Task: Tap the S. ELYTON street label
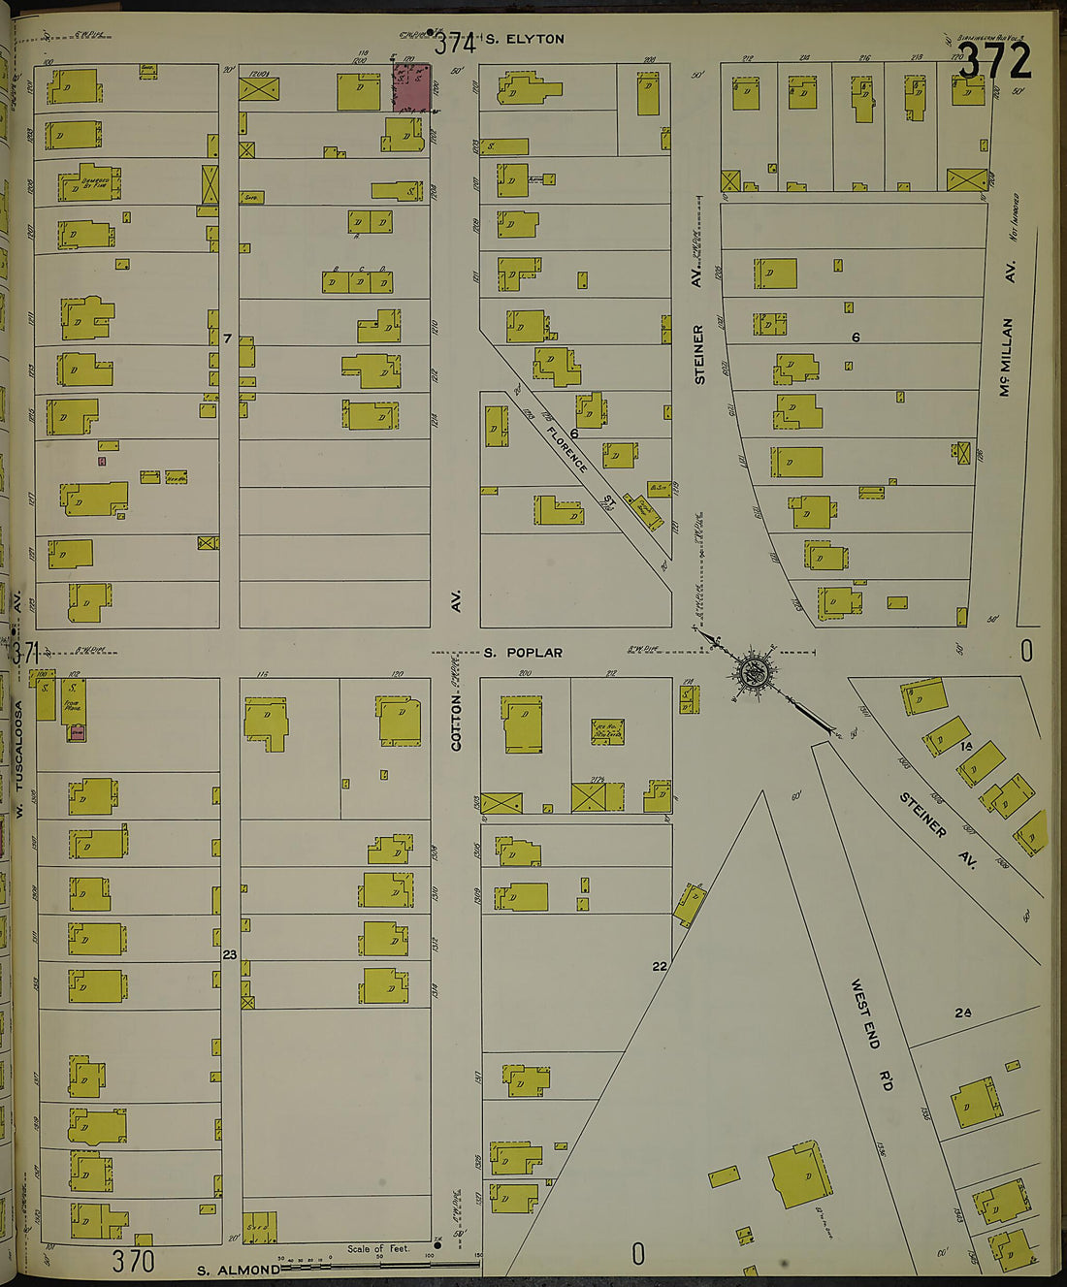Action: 524,40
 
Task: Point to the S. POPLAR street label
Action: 523,653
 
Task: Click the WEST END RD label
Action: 871,1036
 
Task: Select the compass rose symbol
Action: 753,671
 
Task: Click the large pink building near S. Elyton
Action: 411,87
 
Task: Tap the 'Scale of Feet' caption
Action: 378,1248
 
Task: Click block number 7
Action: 227,338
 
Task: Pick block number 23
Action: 229,955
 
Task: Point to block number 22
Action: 660,966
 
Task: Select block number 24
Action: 962,1013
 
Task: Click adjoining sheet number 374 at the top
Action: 454,44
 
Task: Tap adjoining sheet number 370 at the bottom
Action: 133,1261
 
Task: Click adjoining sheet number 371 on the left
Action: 24,652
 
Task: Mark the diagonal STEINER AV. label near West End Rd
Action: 922,827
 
